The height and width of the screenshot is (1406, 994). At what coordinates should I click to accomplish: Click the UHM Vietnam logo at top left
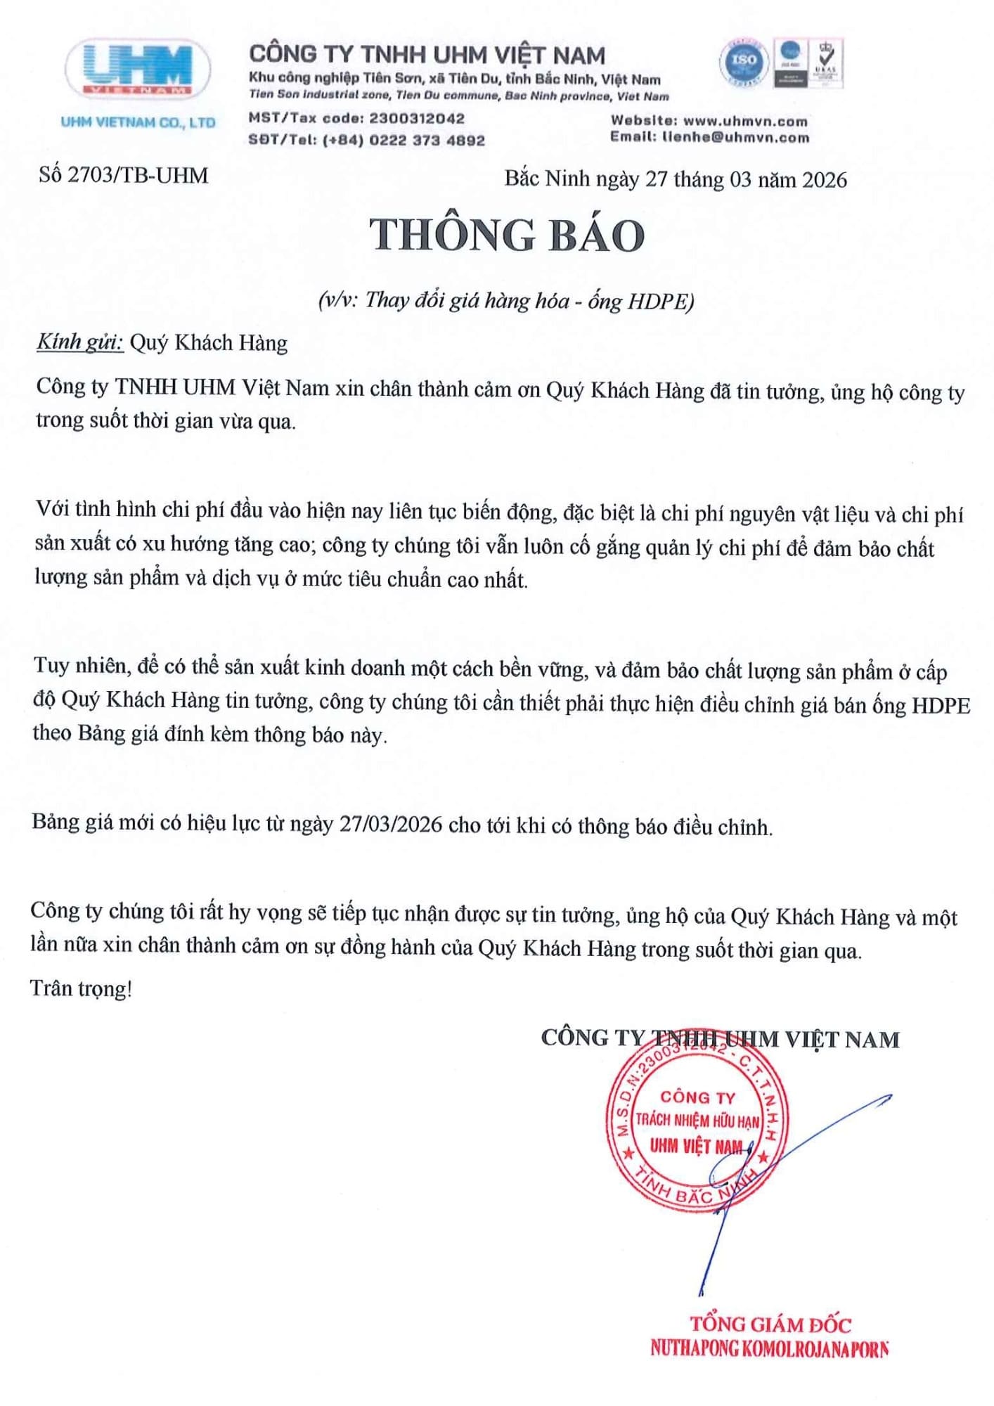click(x=138, y=70)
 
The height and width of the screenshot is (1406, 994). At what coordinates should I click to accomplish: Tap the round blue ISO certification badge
click(x=743, y=62)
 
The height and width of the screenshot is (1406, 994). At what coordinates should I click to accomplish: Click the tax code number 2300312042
click(x=417, y=118)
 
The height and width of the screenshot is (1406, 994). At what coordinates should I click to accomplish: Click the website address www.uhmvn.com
click(x=745, y=121)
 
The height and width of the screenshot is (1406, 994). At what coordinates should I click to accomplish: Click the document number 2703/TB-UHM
click(x=138, y=175)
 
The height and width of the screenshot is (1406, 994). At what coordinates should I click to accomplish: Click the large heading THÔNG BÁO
click(x=507, y=235)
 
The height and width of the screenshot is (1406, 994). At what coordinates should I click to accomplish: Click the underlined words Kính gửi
click(x=80, y=342)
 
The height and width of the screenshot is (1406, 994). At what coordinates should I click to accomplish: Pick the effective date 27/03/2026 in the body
click(x=391, y=824)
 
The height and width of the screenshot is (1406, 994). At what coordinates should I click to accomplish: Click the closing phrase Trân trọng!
click(x=82, y=988)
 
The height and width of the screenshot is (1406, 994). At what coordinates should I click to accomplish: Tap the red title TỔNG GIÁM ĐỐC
click(x=770, y=1324)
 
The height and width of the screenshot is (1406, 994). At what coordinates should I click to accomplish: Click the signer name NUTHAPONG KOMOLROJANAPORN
click(x=769, y=1348)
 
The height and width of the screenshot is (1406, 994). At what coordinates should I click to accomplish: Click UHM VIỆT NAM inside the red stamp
click(x=695, y=1146)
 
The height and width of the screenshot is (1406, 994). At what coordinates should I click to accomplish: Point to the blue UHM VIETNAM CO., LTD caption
click(x=138, y=122)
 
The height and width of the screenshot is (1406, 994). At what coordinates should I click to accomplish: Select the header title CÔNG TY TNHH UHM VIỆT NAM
click(x=427, y=55)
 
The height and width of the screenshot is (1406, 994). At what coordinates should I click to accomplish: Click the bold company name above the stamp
click(x=720, y=1038)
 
